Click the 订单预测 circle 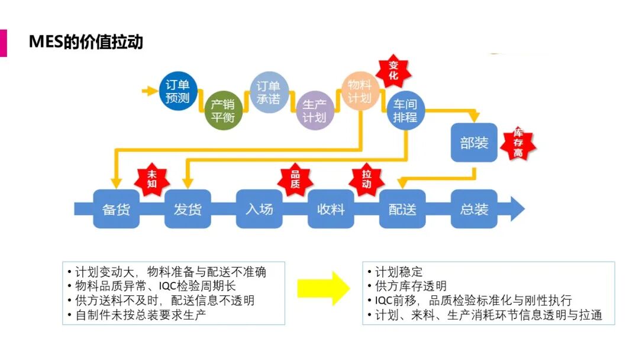tap(177, 92)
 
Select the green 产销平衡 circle tap(223, 111)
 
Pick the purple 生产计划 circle tap(314, 111)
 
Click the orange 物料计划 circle tap(360, 92)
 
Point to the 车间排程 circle tap(405, 111)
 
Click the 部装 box tap(474, 142)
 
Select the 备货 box tap(116, 209)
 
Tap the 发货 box tap(188, 209)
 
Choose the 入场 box tap(259, 209)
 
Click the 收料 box tap(331, 209)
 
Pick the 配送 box tap(402, 209)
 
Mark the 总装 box tap(474, 209)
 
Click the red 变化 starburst tap(393, 70)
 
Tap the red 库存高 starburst tap(518, 143)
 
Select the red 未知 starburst tap(152, 179)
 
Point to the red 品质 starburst tap(295, 179)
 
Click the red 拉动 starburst tap(366, 179)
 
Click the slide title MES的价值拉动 tap(86, 43)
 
